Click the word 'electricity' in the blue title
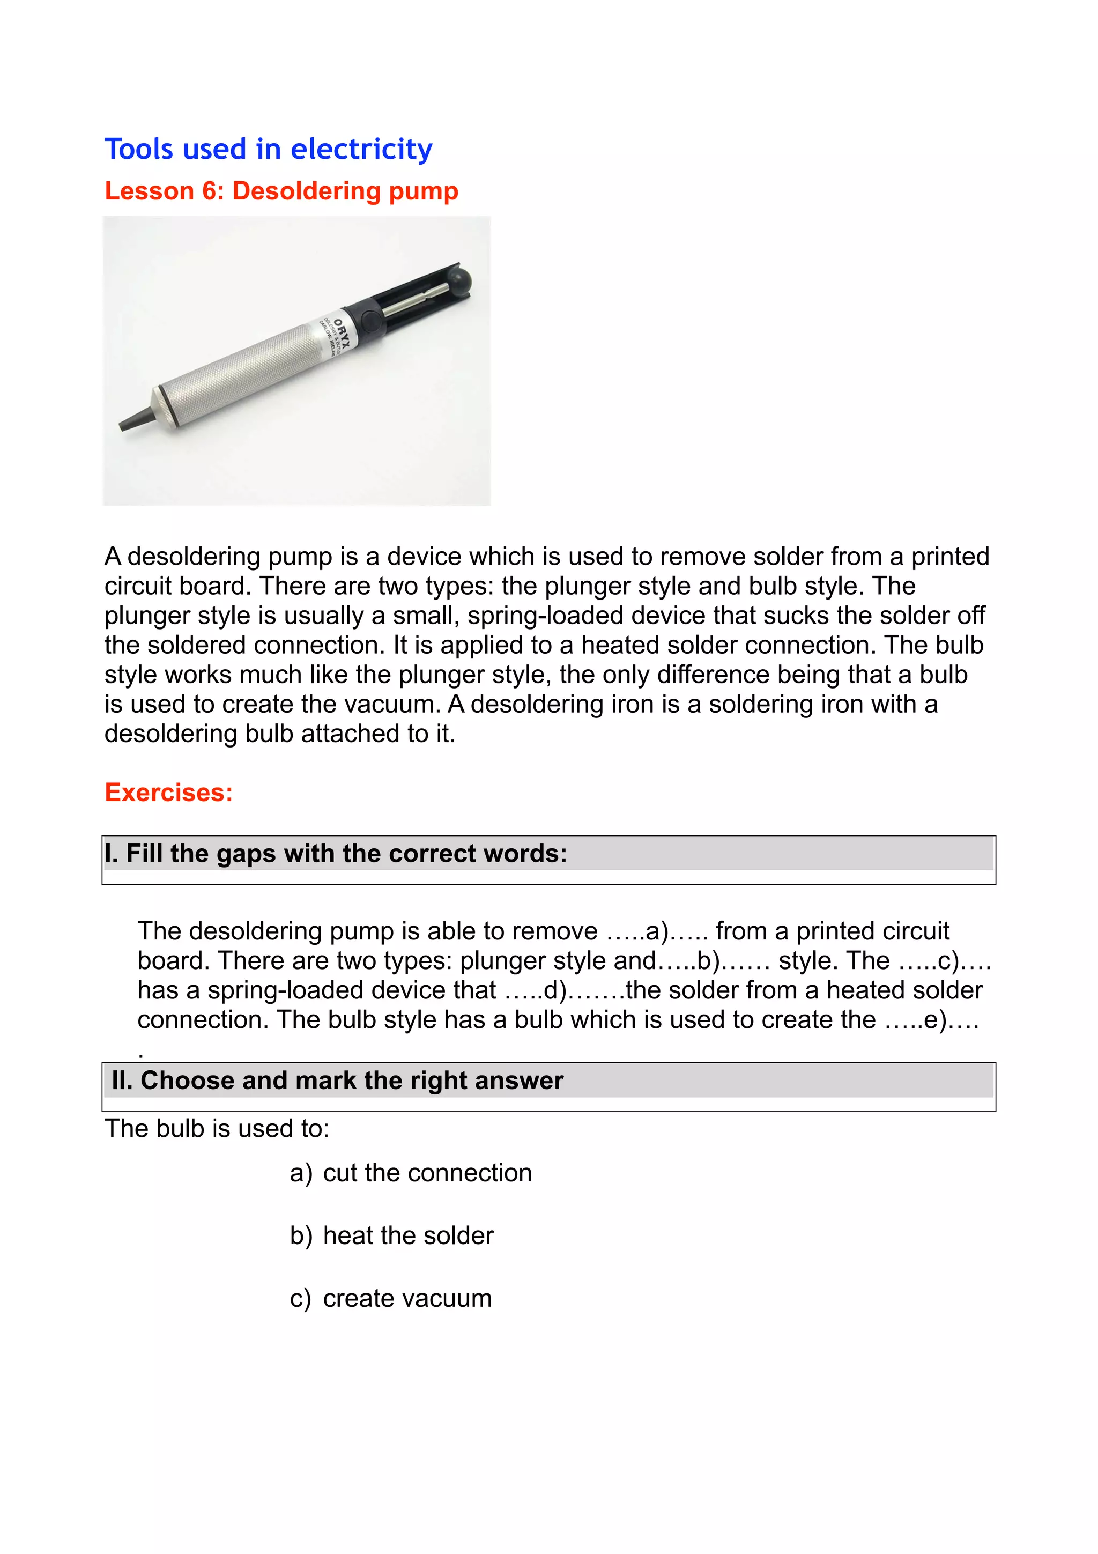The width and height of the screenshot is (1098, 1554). [x=361, y=150]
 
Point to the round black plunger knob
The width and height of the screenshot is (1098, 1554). [x=462, y=279]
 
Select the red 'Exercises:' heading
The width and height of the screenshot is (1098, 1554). [x=168, y=792]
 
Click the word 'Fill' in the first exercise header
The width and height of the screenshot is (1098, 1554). [x=144, y=854]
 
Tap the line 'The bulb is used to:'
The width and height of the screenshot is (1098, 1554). [x=217, y=1128]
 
